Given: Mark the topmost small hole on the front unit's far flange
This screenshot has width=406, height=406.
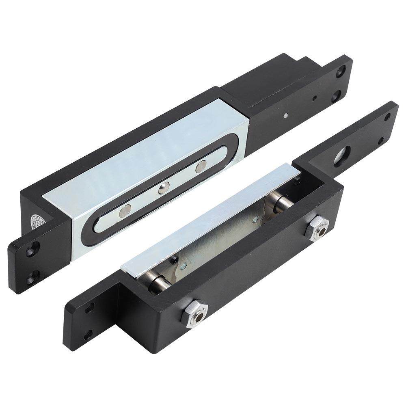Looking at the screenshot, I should [x=387, y=116].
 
